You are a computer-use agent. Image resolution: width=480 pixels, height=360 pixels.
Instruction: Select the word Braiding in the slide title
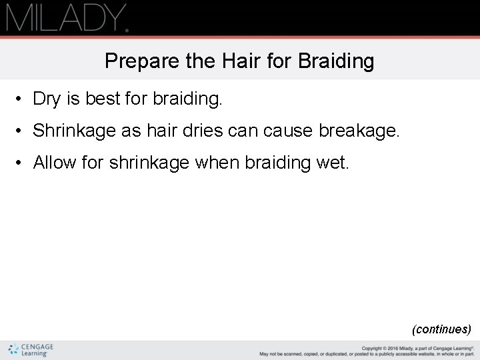coord(336,62)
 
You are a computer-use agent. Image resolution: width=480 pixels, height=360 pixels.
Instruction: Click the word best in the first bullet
coord(102,99)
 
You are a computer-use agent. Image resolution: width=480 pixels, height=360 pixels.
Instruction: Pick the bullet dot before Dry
coord(21,100)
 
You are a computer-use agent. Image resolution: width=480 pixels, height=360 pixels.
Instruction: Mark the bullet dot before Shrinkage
coord(21,131)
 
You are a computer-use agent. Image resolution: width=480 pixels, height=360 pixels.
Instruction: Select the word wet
coord(332,162)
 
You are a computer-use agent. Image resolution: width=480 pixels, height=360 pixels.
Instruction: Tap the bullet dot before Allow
coord(21,163)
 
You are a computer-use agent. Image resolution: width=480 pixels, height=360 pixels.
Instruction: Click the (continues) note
coord(441,329)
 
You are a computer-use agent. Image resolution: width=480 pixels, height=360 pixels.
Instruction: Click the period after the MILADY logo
coord(126,29)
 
